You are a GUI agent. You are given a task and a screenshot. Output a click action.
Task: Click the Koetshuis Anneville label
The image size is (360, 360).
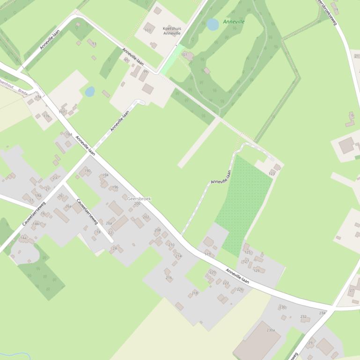pos(172,30)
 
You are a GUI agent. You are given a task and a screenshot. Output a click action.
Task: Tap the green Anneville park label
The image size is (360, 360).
pos(234,22)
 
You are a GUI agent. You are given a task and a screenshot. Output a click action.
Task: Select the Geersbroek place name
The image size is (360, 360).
pos(139,199)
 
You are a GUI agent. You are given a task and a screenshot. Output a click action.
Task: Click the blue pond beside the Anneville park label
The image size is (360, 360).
pos(213,24)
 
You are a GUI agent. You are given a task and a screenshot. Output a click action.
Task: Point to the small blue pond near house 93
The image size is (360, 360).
pos(90,92)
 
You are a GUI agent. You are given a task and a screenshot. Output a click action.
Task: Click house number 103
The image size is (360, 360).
pos(148,30)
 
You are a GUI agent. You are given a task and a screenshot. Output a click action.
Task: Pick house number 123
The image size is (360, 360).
pos(272,174)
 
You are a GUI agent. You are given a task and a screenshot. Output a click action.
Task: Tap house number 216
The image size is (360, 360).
pos(169,278)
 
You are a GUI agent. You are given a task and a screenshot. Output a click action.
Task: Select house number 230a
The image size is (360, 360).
pos(271,330)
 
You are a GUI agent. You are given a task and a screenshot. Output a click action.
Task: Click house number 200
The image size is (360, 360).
pos(137,204)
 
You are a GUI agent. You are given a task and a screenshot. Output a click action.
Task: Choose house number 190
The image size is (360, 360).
pos(87,171)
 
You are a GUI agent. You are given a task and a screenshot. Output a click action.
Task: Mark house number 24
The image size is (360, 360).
pos(114,248)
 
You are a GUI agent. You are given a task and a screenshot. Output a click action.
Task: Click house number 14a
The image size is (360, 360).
pos(23,238)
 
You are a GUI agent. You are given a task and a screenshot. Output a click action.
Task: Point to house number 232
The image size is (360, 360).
pos(303,317)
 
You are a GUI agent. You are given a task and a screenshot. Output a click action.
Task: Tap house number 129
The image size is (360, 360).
pos(256,271)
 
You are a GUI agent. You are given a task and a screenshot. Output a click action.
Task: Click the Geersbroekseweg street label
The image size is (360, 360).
pos(327,11)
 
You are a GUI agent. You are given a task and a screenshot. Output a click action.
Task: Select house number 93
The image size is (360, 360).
pos(94,44)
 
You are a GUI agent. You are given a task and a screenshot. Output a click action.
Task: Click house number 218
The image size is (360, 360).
pos(195,293)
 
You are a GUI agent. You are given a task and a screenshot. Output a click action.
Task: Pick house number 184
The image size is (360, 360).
pos(69,135)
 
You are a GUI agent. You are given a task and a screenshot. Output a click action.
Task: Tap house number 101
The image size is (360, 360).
pos(184,55)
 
